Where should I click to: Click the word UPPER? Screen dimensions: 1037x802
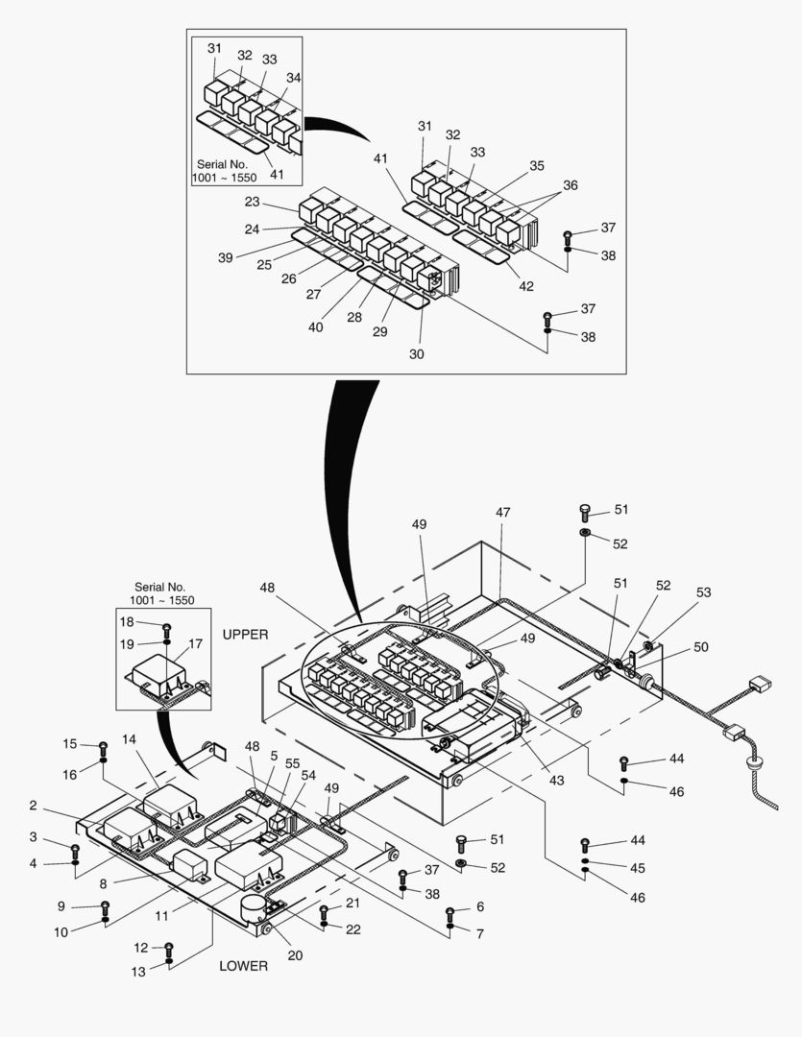point(245,635)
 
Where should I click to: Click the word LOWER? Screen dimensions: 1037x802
point(243,965)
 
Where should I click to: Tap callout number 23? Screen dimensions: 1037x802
point(252,203)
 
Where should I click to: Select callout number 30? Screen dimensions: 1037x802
point(416,354)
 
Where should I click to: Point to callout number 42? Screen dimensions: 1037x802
point(525,285)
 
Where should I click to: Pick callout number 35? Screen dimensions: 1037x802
point(536,166)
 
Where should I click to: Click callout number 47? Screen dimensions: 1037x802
point(503,513)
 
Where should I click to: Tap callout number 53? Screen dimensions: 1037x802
point(704,592)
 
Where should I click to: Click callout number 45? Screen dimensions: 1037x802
point(637,868)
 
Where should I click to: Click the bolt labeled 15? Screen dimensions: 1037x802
point(103,746)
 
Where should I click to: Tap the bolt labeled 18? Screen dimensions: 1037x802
point(166,628)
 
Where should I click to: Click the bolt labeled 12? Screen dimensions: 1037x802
point(169,948)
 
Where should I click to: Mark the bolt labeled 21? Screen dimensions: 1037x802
point(324,909)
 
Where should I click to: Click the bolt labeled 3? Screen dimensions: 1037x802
point(75,849)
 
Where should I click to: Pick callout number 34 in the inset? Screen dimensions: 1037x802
point(293,77)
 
